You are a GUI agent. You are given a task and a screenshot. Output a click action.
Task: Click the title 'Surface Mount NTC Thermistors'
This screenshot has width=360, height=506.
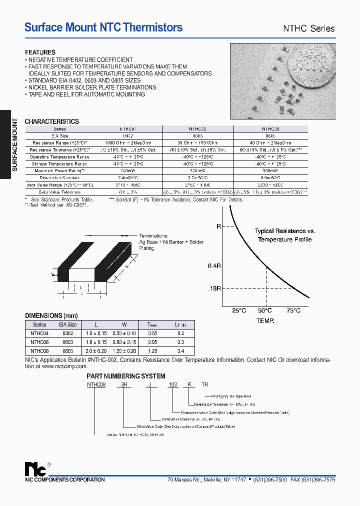103,28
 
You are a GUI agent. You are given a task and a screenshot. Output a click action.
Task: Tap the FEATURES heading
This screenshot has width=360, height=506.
40,52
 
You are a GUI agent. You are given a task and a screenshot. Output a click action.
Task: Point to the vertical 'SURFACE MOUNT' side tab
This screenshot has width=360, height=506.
14,145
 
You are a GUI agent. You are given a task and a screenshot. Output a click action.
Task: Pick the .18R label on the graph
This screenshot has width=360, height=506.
214,288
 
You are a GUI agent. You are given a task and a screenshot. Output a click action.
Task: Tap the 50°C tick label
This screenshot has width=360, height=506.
265,310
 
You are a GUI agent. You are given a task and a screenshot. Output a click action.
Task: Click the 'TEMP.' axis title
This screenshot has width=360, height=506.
265,320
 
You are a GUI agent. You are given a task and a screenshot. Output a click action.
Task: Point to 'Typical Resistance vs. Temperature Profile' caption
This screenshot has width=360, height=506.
285,235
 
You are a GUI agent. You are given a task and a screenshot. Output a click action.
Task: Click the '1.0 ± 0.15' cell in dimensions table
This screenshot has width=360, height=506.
96,333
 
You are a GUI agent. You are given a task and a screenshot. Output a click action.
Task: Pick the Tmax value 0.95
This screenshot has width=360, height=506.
153,342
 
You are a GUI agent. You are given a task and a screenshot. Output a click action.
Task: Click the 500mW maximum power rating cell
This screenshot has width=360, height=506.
271,170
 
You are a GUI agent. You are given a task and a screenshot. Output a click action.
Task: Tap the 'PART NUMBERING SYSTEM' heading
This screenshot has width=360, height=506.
126,376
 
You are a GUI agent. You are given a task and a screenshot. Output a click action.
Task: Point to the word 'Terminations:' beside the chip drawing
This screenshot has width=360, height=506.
153,236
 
